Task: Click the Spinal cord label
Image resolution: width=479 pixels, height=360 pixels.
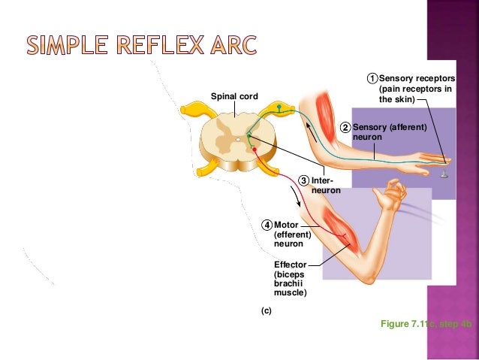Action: (234, 96)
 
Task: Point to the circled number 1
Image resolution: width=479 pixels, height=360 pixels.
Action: (372, 78)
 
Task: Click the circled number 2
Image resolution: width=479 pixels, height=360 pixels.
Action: (345, 128)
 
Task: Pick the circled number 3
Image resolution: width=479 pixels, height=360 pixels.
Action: (303, 180)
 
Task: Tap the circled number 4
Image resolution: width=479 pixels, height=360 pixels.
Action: (267, 225)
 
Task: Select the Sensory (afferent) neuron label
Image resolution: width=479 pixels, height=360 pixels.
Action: (389, 133)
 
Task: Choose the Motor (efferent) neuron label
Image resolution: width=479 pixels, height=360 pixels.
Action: (293, 234)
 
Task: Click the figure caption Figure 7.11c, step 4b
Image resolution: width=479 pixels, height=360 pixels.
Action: (426, 323)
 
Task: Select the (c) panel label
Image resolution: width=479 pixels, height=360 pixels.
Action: (266, 310)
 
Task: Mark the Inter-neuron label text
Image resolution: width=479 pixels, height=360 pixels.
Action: (325, 186)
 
